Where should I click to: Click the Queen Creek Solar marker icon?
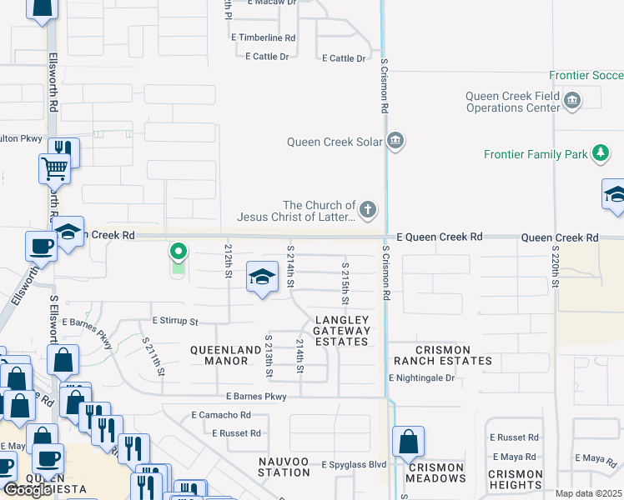395,141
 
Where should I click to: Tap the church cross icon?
368,209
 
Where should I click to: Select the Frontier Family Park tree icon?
600,153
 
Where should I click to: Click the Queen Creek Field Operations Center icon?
572,102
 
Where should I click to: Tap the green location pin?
178,251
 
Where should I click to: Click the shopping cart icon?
54,168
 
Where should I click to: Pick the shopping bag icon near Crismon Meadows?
408,442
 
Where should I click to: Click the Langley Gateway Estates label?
340,331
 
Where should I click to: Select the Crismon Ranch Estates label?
442,355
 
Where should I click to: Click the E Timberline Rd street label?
264,37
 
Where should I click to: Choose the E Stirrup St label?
175,321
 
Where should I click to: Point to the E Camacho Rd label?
221,414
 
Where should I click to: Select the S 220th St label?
555,267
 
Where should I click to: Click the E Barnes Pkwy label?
256,397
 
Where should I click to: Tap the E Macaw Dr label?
272,2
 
